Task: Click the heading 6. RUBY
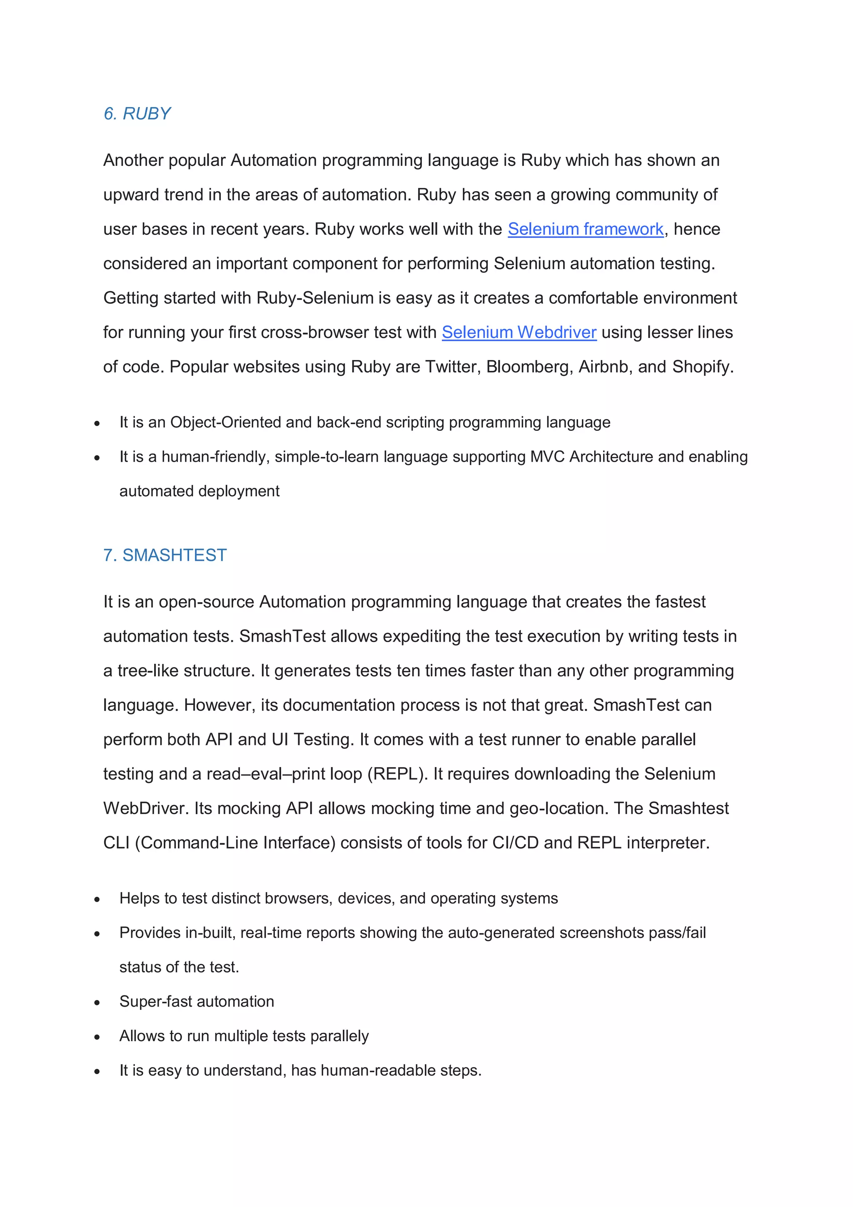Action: pos(137,114)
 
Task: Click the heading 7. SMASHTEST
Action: pos(165,555)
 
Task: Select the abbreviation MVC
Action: pos(547,457)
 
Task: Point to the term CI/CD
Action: pos(515,843)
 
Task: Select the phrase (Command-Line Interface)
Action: pos(235,843)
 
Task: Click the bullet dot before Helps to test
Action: pos(97,900)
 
